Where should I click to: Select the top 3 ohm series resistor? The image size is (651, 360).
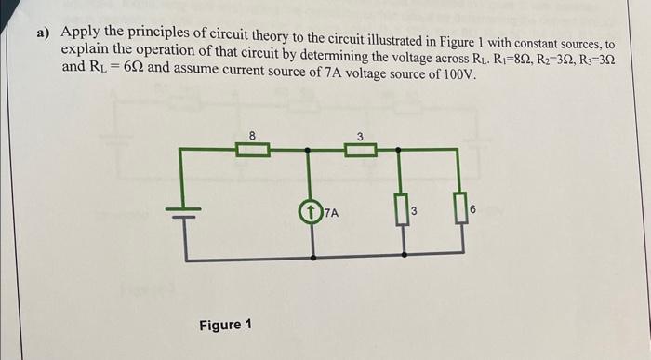361,149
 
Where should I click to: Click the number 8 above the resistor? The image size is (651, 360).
252,136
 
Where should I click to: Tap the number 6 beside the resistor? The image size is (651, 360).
473,212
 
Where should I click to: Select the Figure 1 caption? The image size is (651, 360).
225,326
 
